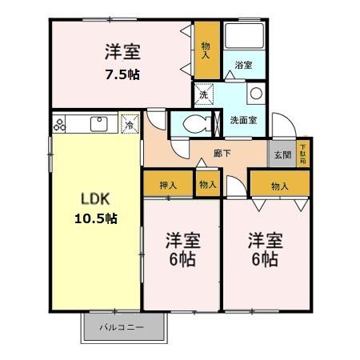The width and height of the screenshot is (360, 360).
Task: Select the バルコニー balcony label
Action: [x=122, y=328]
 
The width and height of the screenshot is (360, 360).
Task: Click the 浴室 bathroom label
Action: [x=244, y=65]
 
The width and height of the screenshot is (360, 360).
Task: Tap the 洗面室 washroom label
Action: [x=243, y=120]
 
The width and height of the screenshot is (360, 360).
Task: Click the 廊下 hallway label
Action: [x=222, y=153]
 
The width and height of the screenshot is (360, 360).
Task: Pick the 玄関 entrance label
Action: [x=282, y=154]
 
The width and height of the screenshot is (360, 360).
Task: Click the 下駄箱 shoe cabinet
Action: [x=302, y=153]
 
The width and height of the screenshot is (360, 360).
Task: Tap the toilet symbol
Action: [x=195, y=124]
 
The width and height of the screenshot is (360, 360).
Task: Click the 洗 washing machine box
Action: [x=203, y=94]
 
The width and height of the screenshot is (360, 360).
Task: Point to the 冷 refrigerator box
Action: [x=129, y=124]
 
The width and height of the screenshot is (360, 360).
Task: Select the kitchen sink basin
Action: [x=99, y=124]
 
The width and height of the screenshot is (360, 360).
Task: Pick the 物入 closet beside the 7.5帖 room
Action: [x=206, y=50]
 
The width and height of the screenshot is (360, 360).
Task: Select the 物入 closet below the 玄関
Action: [x=279, y=186]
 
